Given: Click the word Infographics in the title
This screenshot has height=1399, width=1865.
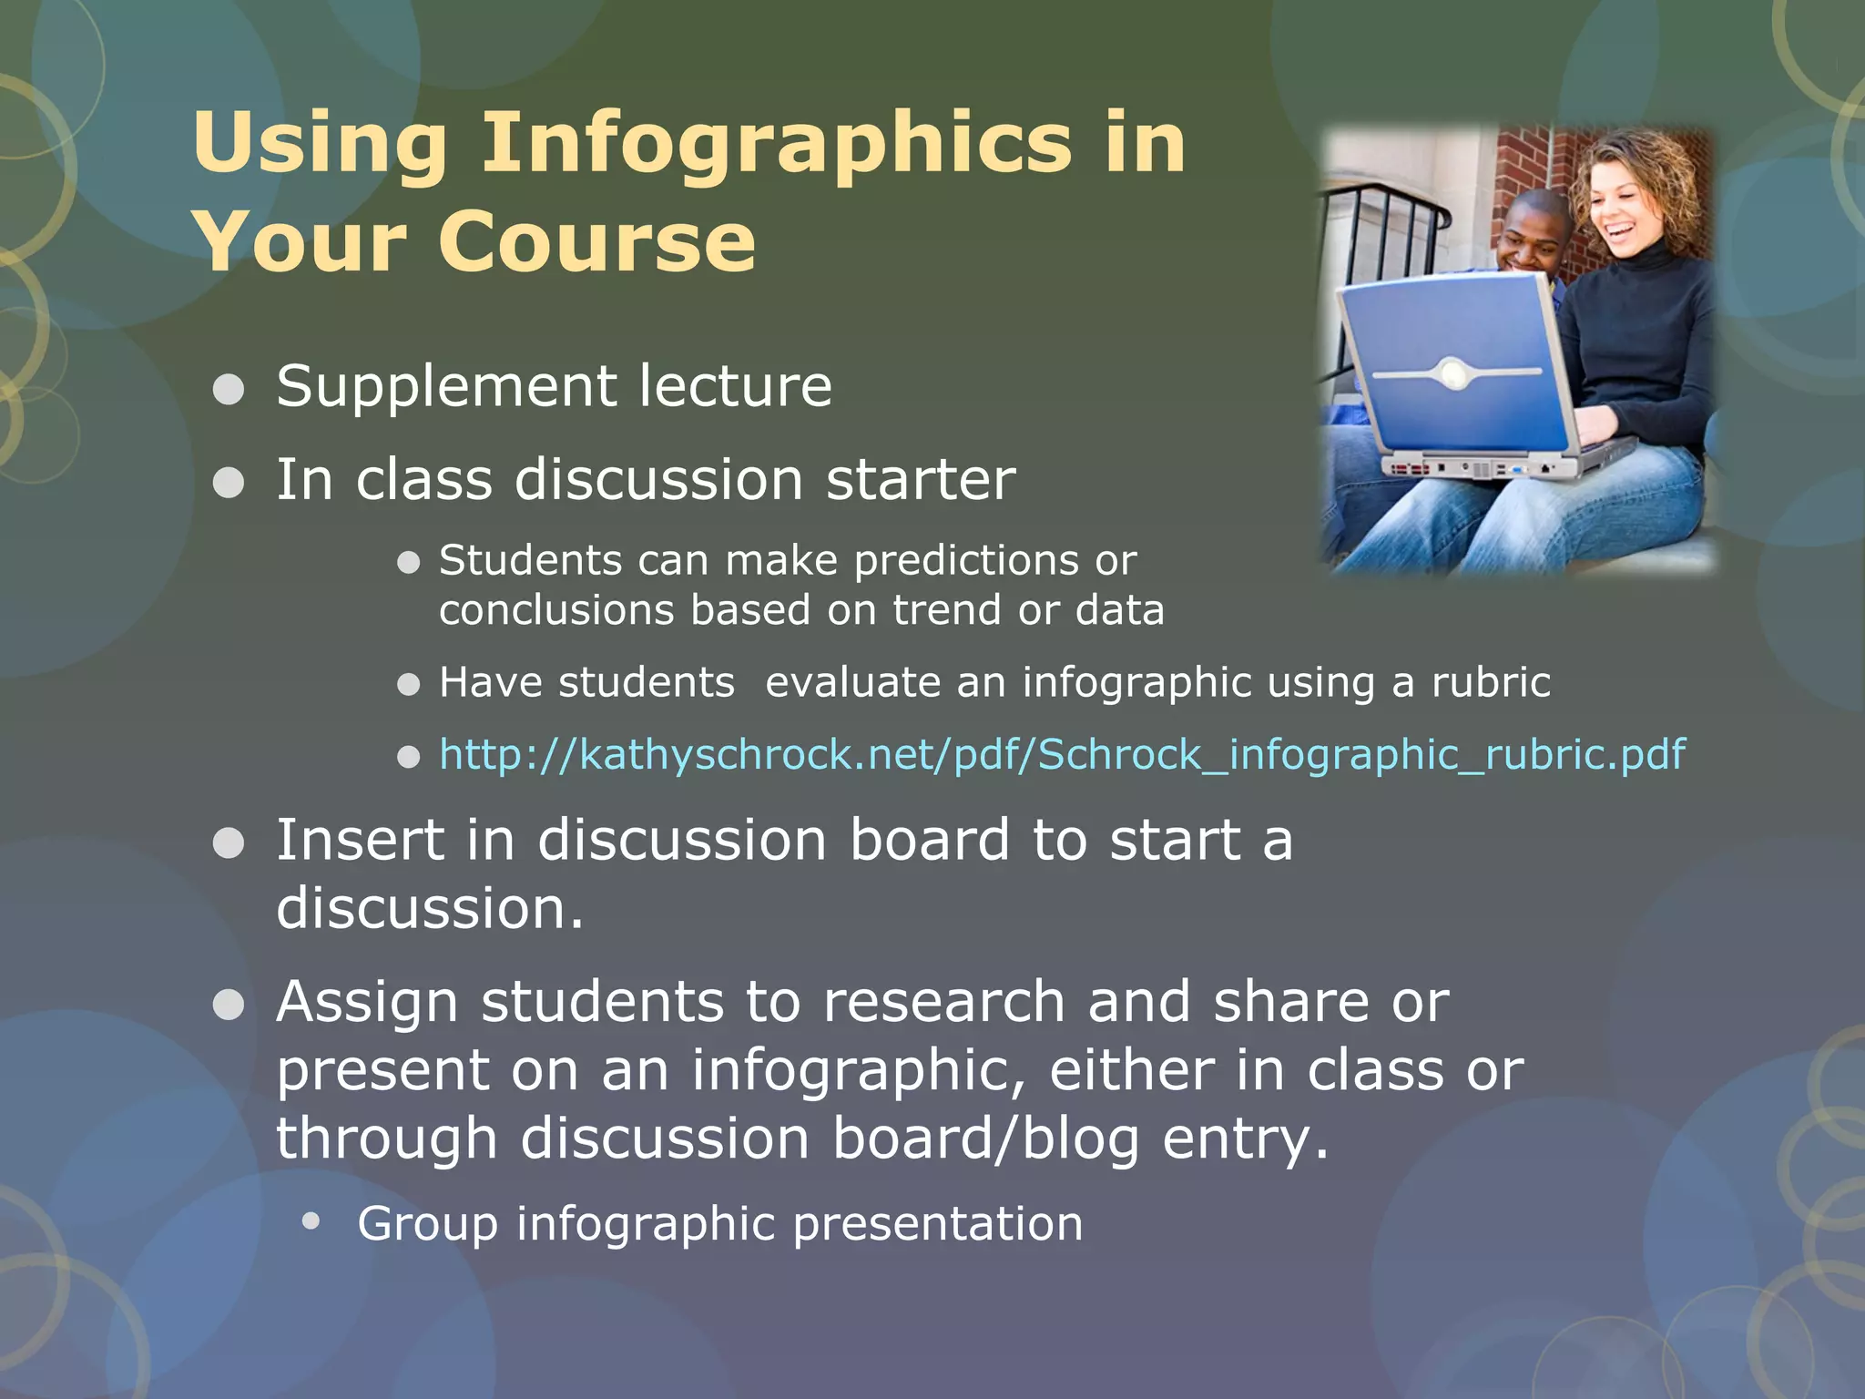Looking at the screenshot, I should (776, 143).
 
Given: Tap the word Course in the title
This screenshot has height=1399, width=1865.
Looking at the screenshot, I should (596, 242).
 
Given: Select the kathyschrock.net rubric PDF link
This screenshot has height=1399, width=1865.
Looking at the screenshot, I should (1061, 755).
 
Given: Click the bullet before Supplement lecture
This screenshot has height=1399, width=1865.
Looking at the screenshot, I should (228, 389).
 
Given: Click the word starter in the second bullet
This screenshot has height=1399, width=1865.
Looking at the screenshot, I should (920, 479).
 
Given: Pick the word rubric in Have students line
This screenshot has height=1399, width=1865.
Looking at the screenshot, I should (1491, 682).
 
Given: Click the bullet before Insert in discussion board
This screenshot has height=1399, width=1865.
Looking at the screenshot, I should (228, 842).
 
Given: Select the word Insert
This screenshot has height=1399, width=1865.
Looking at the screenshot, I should (359, 839).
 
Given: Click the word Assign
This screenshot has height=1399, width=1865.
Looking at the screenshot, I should (367, 1003).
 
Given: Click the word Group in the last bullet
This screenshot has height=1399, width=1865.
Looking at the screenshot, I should (427, 1223).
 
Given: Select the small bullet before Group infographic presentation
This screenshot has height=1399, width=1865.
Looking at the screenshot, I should (311, 1221).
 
